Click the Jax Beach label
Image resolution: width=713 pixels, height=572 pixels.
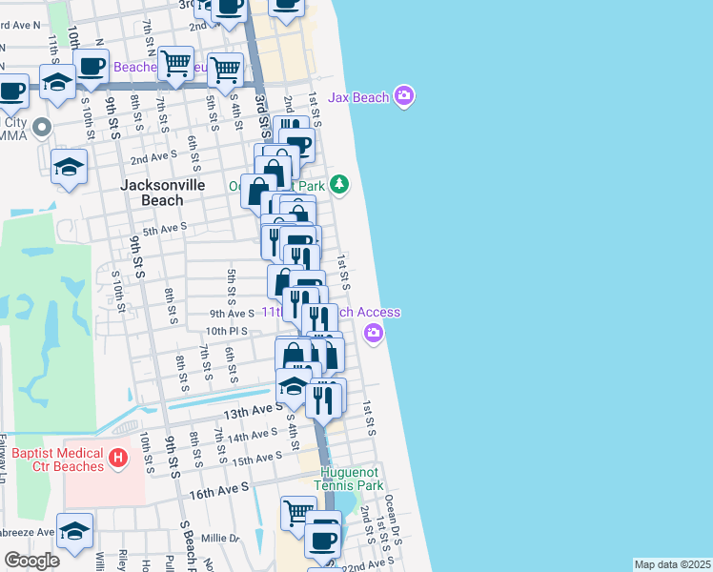point(358,97)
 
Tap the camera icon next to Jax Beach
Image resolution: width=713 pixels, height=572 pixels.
point(404,95)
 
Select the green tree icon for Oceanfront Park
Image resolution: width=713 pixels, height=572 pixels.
point(341,186)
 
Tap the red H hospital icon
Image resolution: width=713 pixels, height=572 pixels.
point(118,460)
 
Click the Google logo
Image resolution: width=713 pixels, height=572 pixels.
point(31,560)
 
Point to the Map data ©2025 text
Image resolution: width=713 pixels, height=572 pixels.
point(671,564)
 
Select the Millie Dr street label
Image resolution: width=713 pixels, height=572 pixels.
point(220,538)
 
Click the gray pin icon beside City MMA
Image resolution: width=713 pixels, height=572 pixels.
point(41,126)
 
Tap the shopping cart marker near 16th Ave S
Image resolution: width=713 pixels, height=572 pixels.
point(298,512)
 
